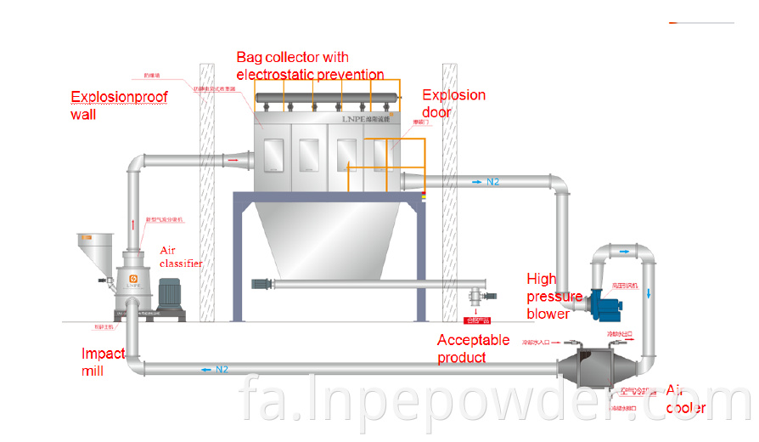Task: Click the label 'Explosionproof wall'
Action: pos(119,105)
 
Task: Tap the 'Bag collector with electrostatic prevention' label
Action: pos(309,65)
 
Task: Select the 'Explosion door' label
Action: pos(453,103)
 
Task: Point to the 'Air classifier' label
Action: pos(182,257)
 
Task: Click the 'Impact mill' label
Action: pos(103,361)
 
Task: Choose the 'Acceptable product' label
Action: pos(473,348)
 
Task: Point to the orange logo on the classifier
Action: pos(132,277)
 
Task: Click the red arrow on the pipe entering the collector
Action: pos(232,158)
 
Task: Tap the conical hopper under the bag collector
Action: pos(327,242)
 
